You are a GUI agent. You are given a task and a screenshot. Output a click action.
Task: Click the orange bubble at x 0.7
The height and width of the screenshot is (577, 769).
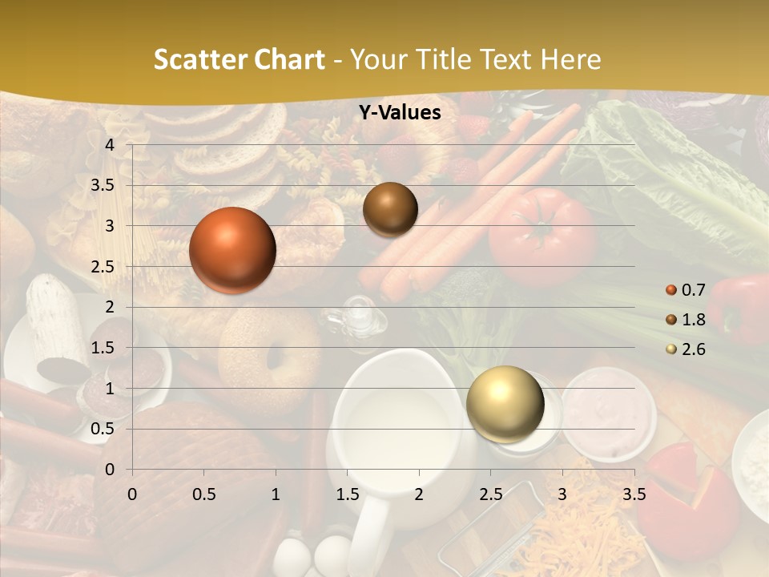point(232,250)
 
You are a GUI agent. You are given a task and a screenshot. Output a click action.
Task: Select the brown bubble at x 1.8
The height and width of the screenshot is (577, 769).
point(390,209)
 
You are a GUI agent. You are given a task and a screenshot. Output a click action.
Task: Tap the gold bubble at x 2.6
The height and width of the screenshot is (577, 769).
point(505,404)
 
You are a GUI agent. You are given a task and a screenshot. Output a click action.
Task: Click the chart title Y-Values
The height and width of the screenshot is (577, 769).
point(400,113)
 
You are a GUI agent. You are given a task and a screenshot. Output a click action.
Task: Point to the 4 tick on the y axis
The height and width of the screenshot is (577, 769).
point(110,145)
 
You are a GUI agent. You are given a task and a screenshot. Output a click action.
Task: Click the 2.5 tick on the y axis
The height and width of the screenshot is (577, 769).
point(103,267)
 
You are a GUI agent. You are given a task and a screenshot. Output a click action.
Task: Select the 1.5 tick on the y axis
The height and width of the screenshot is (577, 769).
point(103,348)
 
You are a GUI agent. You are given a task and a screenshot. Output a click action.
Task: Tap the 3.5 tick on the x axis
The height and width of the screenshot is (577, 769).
point(634,494)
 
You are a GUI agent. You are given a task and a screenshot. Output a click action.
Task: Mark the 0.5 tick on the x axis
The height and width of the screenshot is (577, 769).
point(204,494)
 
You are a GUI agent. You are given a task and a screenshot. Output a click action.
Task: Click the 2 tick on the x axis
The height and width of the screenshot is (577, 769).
point(419,494)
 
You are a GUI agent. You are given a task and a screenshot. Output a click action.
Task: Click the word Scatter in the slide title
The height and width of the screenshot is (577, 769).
point(199,59)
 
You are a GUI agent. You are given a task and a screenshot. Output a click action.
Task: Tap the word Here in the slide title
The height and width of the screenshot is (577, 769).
point(570,59)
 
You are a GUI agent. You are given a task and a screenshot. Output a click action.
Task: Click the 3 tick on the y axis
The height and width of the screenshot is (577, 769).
point(110,226)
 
